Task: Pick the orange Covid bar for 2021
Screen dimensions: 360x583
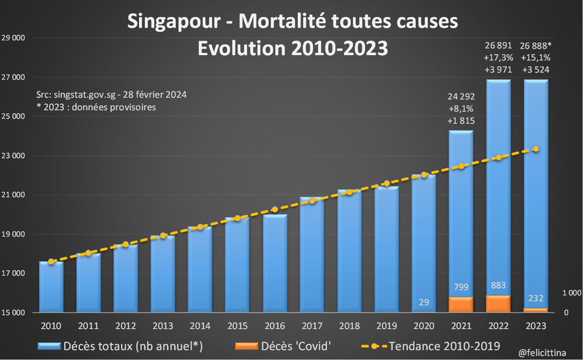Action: point(461,304)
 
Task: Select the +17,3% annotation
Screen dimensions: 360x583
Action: point(499,58)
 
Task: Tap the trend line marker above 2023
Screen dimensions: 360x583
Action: point(536,149)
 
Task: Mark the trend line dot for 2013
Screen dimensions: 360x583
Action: point(163,236)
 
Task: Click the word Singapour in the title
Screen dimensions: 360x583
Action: point(180,22)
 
